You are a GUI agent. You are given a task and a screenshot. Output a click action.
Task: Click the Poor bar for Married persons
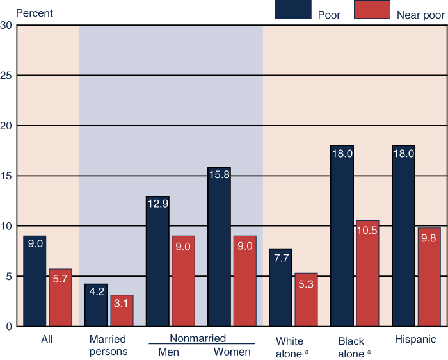(x=96, y=305)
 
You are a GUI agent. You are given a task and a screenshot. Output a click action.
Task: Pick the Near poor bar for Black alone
(x=367, y=274)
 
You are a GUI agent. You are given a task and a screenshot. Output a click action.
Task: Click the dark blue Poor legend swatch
(x=292, y=10)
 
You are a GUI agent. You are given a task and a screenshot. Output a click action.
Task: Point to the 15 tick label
(x=7, y=176)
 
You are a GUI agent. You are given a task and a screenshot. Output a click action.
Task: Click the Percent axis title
(x=35, y=13)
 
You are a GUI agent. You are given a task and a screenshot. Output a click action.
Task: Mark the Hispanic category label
(x=415, y=340)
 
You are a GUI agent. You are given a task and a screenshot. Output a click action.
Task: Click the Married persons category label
(x=108, y=345)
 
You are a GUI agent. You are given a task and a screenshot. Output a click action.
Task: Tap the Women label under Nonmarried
(x=232, y=352)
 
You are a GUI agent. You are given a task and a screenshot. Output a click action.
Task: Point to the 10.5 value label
(x=367, y=231)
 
